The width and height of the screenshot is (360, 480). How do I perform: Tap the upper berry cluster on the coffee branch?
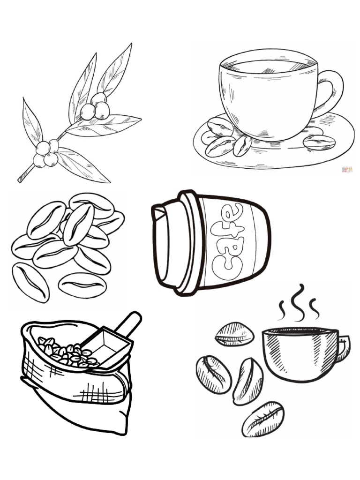pos(95,107)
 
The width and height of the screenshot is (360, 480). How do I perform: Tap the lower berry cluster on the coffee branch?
pos(46,154)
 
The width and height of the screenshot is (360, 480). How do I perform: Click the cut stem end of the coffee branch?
pos(20,179)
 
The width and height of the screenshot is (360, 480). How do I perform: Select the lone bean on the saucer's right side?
pos(319,142)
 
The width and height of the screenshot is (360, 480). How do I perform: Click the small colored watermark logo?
pos(347,169)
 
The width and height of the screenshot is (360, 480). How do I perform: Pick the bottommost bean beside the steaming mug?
pos(263,418)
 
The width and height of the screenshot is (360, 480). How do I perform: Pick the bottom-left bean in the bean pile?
pos(30,282)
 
